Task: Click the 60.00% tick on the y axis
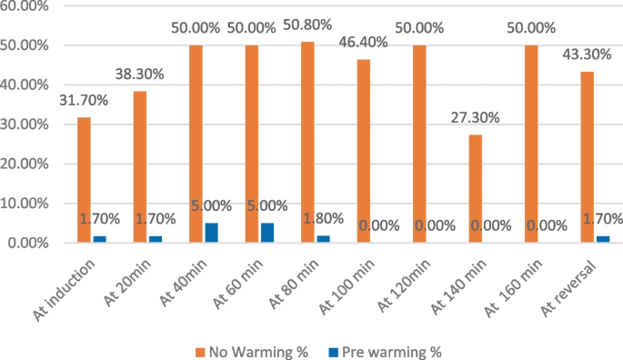click(27, 5)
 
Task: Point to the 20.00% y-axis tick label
click(27, 165)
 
